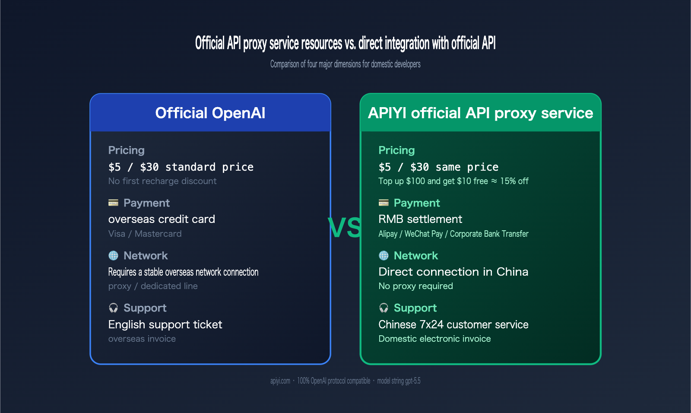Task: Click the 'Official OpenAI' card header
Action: [210, 113]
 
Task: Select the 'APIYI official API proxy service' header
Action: [480, 113]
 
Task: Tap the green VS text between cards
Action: [345, 228]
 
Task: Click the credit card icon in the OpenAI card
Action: [113, 203]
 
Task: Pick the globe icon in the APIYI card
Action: [384, 255]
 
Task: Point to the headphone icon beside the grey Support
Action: [113, 308]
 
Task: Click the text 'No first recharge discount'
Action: [162, 181]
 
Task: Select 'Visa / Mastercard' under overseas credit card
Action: [145, 234]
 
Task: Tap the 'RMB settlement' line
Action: [420, 219]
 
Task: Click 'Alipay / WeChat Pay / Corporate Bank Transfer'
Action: [453, 234]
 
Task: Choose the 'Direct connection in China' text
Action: [453, 272]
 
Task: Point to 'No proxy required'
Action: [415, 286]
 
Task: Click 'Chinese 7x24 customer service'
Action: [453, 324]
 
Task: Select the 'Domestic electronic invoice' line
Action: [434, 339]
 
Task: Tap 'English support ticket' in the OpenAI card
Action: [165, 324]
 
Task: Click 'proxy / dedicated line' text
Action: [153, 286]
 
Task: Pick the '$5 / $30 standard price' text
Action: [181, 167]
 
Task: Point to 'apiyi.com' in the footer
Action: [280, 381]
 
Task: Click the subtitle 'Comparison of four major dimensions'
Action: [345, 64]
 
